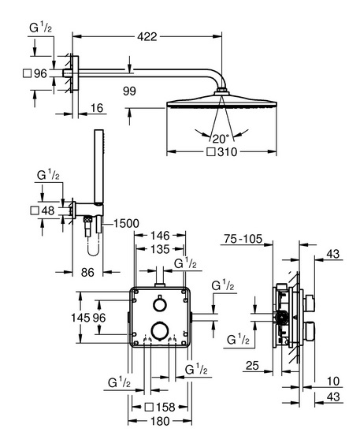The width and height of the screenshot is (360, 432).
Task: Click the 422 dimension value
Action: [147, 36]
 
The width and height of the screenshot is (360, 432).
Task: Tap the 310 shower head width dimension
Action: [227, 152]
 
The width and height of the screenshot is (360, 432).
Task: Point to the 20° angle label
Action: [221, 139]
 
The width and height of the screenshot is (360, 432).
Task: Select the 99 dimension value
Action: [129, 91]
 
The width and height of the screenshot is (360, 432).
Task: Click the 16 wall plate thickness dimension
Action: [97, 108]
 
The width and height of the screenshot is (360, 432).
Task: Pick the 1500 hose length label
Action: [126, 223]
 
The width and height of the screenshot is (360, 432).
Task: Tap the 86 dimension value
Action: [87, 273]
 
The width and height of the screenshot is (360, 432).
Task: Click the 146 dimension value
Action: [160, 236]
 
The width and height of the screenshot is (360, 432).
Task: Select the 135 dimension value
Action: [160, 249]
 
